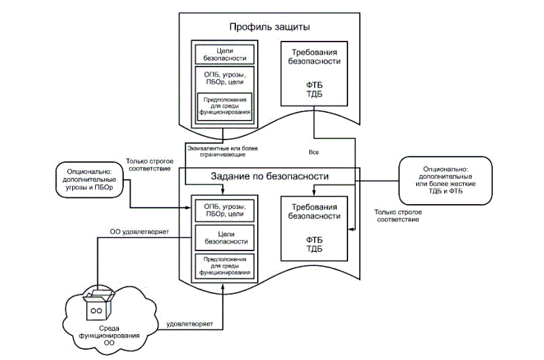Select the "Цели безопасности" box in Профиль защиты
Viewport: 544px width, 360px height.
(x=225, y=54)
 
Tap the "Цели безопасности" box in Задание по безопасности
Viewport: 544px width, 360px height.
(x=225, y=236)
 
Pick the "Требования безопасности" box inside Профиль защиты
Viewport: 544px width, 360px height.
(x=316, y=73)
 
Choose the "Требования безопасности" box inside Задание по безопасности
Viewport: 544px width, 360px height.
(x=316, y=228)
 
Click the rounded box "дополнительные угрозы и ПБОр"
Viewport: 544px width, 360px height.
(x=90, y=181)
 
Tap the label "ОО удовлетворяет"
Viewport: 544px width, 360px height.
(x=139, y=232)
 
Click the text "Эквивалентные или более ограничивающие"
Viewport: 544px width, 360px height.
(x=221, y=151)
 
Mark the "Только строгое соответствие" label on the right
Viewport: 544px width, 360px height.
(x=397, y=216)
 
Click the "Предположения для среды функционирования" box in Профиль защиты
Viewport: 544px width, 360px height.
(x=225, y=105)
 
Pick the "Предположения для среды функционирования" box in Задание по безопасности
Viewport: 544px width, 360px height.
(x=225, y=265)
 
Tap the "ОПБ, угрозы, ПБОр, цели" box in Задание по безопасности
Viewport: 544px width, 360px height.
(x=225, y=210)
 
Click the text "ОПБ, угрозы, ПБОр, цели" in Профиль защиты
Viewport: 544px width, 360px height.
(x=225, y=76)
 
